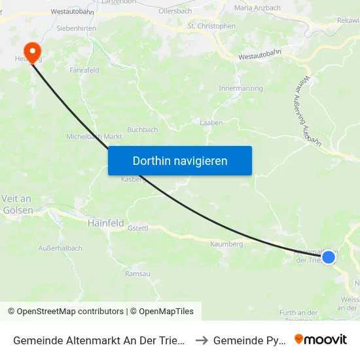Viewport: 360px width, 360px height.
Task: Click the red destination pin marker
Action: pyautogui.click(x=31, y=51)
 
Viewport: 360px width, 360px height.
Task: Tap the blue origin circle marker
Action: pyautogui.click(x=329, y=257)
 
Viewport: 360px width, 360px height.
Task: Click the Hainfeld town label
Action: pyautogui.click(x=105, y=223)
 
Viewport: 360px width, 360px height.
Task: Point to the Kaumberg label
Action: pyautogui.click(x=226, y=244)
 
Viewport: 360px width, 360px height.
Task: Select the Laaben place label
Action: pyautogui.click(x=211, y=122)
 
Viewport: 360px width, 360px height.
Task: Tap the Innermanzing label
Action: pyautogui.click(x=240, y=88)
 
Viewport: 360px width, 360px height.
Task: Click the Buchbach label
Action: pyautogui.click(x=143, y=130)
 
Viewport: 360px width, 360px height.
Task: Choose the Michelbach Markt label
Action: pyautogui.click(x=95, y=137)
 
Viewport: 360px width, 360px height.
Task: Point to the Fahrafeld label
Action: pyautogui.click(x=84, y=69)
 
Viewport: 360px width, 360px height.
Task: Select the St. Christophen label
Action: pyautogui.click(x=211, y=26)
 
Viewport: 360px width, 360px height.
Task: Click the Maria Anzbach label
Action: pyautogui.click(x=257, y=8)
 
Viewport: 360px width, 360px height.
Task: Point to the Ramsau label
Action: pyautogui.click(x=137, y=274)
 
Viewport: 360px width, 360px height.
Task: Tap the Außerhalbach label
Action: pyautogui.click(x=60, y=248)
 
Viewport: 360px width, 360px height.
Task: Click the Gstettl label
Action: pyautogui.click(x=139, y=228)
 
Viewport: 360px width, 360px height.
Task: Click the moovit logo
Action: pyautogui.click(x=321, y=339)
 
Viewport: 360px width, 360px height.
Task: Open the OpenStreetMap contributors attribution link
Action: pyautogui.click(x=65, y=312)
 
